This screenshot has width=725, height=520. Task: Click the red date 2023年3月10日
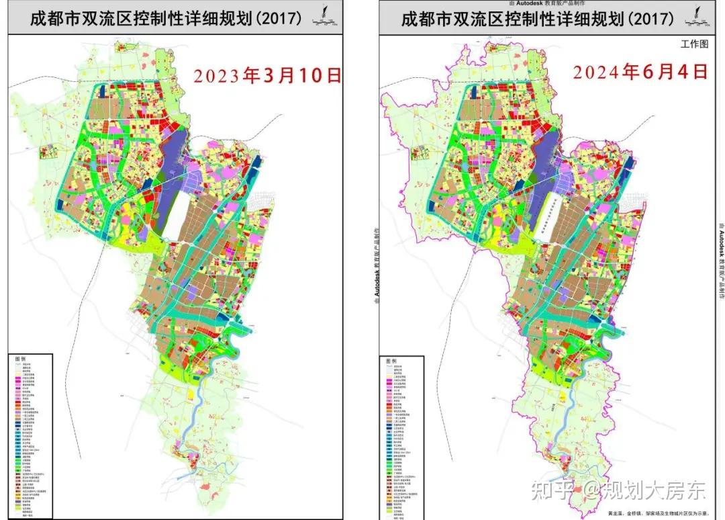tap(268, 74)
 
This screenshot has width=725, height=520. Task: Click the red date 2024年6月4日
tap(640, 71)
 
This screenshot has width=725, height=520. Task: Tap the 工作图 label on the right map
tap(694, 45)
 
